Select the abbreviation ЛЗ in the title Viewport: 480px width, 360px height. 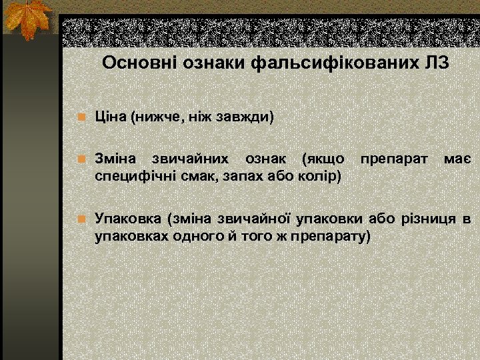435,64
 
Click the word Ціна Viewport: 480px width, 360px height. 110,118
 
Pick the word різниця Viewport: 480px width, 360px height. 429,219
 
